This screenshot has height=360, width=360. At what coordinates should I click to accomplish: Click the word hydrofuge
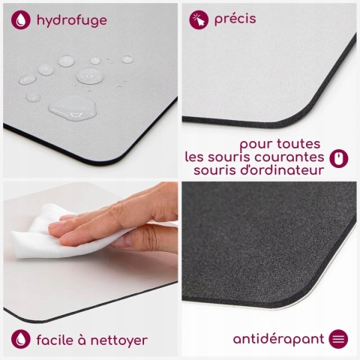72,20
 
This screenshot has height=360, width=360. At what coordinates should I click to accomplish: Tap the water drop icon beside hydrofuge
21,20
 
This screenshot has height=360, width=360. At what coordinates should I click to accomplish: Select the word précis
235,19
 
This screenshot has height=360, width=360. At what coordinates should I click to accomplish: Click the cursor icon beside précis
199,19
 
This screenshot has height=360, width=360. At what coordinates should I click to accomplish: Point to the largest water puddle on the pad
73,108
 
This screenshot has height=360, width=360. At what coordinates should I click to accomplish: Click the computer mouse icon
339,158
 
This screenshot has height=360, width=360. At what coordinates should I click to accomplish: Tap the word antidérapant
278,340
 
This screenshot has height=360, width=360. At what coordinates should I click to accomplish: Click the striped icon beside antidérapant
338,339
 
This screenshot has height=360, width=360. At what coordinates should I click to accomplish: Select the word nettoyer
119,340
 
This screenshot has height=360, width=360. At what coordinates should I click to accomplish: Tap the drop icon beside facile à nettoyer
21,339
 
